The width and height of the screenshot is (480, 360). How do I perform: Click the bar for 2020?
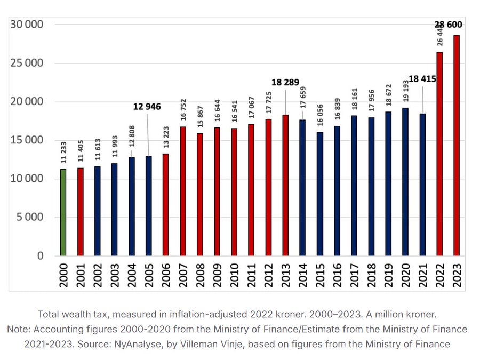pyautogui.click(x=405, y=181)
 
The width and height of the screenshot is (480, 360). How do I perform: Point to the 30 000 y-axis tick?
pyautogui.click(x=25, y=25)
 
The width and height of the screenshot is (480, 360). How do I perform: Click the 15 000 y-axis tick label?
pyautogui.click(x=25, y=140)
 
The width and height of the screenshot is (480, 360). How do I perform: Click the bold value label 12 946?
pyautogui.click(x=147, y=107)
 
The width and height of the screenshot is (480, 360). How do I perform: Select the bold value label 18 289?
pyautogui.click(x=285, y=83)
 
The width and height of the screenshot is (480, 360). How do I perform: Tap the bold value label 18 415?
pyautogui.click(x=422, y=79)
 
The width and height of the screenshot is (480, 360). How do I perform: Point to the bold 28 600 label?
pyautogui.click(x=448, y=25)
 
